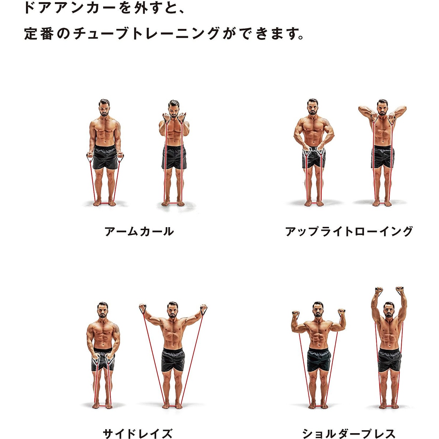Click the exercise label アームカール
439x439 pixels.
[139, 232]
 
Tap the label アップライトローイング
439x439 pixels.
[349, 232]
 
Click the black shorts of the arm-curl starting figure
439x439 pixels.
[105, 157]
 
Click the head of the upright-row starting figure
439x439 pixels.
[313, 106]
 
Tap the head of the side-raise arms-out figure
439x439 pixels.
[172, 310]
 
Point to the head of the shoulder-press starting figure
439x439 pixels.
[318, 309]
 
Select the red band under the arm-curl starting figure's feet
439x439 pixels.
[105, 203]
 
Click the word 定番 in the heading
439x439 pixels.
[38, 34]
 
